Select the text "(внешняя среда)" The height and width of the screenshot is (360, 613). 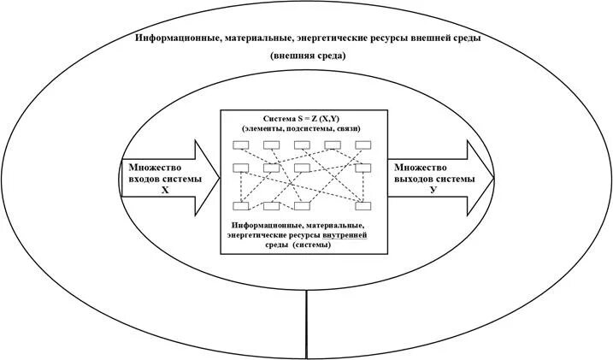[x=307, y=56]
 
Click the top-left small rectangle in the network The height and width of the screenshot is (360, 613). [x=243, y=145]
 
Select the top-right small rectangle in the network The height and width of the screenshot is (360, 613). [x=363, y=145]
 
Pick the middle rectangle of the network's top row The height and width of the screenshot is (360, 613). [x=304, y=145]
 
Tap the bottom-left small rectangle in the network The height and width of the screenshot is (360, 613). [x=243, y=205]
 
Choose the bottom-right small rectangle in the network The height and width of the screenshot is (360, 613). [x=364, y=205]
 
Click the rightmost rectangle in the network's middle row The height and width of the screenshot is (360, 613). [x=364, y=168]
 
